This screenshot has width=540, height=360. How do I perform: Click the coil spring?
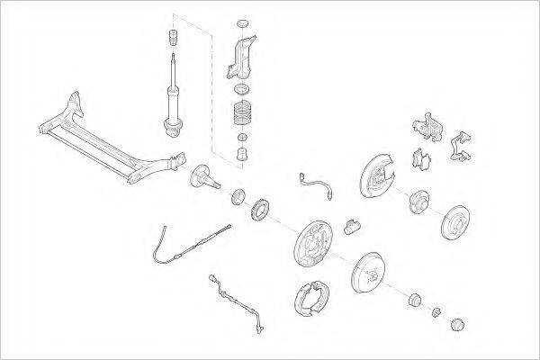(x=241, y=113)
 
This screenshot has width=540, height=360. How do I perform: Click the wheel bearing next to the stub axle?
(x=238, y=195)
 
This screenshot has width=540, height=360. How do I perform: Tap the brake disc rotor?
(x=459, y=221)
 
